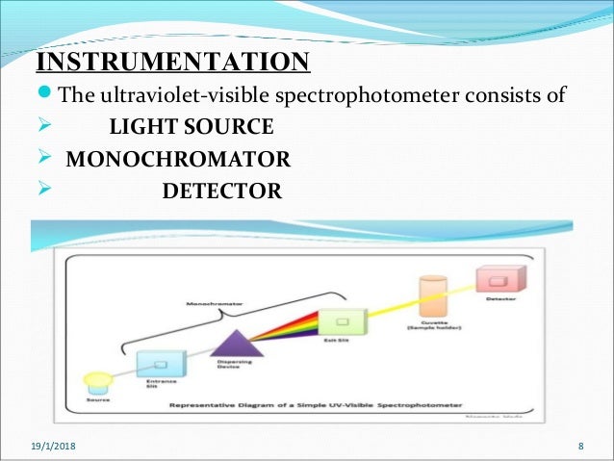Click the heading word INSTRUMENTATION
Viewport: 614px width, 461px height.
click(x=173, y=64)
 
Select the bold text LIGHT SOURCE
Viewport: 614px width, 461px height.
click(x=191, y=127)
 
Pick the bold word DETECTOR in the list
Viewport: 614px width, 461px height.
click(x=221, y=191)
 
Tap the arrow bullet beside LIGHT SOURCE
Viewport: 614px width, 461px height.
click(x=42, y=127)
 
